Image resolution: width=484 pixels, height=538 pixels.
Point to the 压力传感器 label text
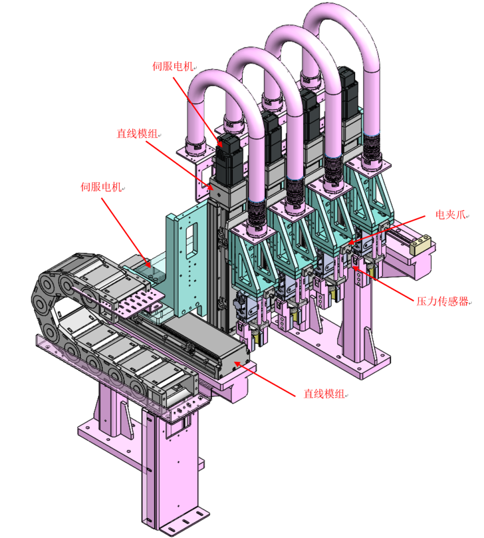tap(443, 302)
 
